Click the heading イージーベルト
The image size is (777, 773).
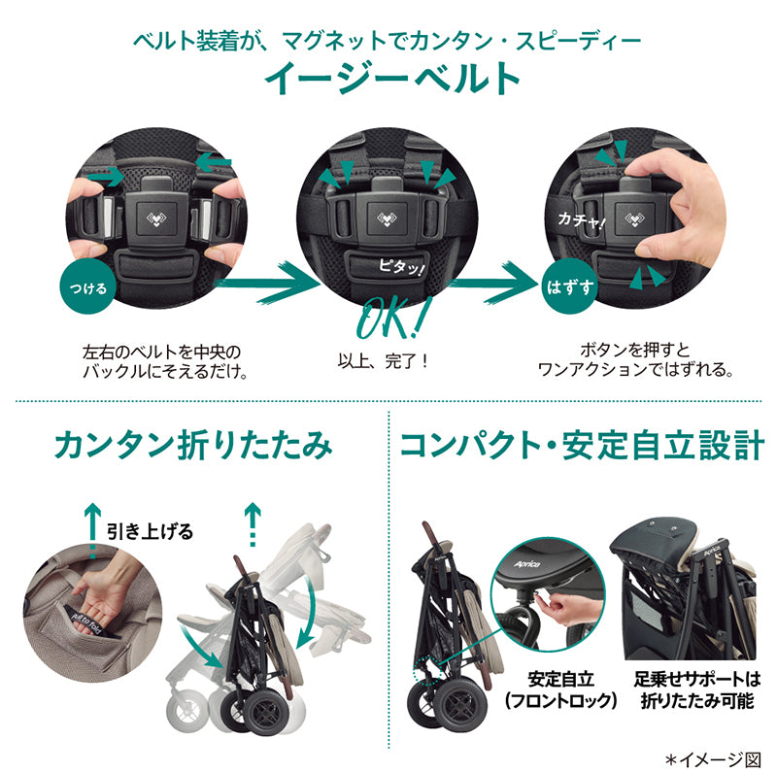[391, 79]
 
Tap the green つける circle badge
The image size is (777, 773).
[88, 287]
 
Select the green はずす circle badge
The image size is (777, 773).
[569, 286]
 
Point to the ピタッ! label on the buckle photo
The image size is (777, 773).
[402, 267]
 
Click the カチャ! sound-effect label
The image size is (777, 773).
[581, 220]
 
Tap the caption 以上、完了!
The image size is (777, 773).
[383, 361]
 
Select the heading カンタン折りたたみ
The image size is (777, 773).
[193, 445]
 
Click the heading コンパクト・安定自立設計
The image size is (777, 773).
[581, 445]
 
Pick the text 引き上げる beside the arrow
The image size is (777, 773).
[150, 532]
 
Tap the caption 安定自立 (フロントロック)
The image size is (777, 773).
[560, 689]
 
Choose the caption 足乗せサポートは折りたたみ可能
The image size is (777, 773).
[697, 689]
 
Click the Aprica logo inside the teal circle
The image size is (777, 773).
[526, 564]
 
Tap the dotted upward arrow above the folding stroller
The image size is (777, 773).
[253, 524]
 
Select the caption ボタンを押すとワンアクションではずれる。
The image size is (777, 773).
[635, 360]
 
